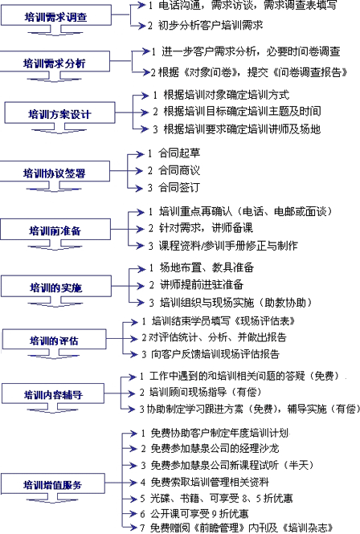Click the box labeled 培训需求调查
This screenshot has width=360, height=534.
pyautogui.click(x=56, y=15)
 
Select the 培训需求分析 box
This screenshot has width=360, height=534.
pyautogui.click(x=55, y=61)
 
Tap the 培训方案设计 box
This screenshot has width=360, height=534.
pyautogui.click(x=59, y=112)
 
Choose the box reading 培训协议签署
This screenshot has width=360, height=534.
pyautogui.click(x=55, y=171)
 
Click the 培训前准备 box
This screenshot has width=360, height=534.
pyautogui.click(x=55, y=229)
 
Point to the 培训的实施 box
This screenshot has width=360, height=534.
pyautogui.click(x=56, y=286)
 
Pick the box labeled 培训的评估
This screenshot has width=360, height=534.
pyautogui.click(x=54, y=339)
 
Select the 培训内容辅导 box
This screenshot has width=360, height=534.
pyautogui.click(x=53, y=393)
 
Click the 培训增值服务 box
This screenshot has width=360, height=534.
pyautogui.click(x=53, y=483)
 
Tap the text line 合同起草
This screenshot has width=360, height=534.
pyautogui.click(x=179, y=153)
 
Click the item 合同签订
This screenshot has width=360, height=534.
pyautogui.click(x=179, y=187)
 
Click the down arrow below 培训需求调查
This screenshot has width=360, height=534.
pyautogui.click(x=55, y=30)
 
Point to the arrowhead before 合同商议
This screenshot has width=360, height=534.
pyautogui.click(x=139, y=170)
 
